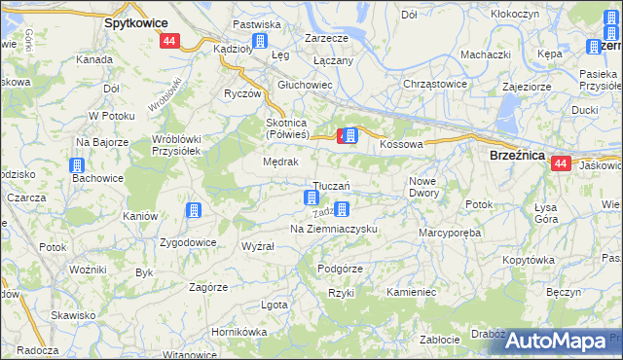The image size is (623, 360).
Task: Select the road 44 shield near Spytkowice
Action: (169, 41)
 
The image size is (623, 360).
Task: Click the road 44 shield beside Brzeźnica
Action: (560, 164)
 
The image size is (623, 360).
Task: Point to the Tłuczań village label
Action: (330, 186)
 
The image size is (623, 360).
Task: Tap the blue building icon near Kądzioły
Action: (260, 41)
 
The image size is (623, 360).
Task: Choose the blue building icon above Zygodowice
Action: (195, 210)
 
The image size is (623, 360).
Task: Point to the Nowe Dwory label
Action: (424, 187)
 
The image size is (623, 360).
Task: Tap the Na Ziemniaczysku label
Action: (334, 229)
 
